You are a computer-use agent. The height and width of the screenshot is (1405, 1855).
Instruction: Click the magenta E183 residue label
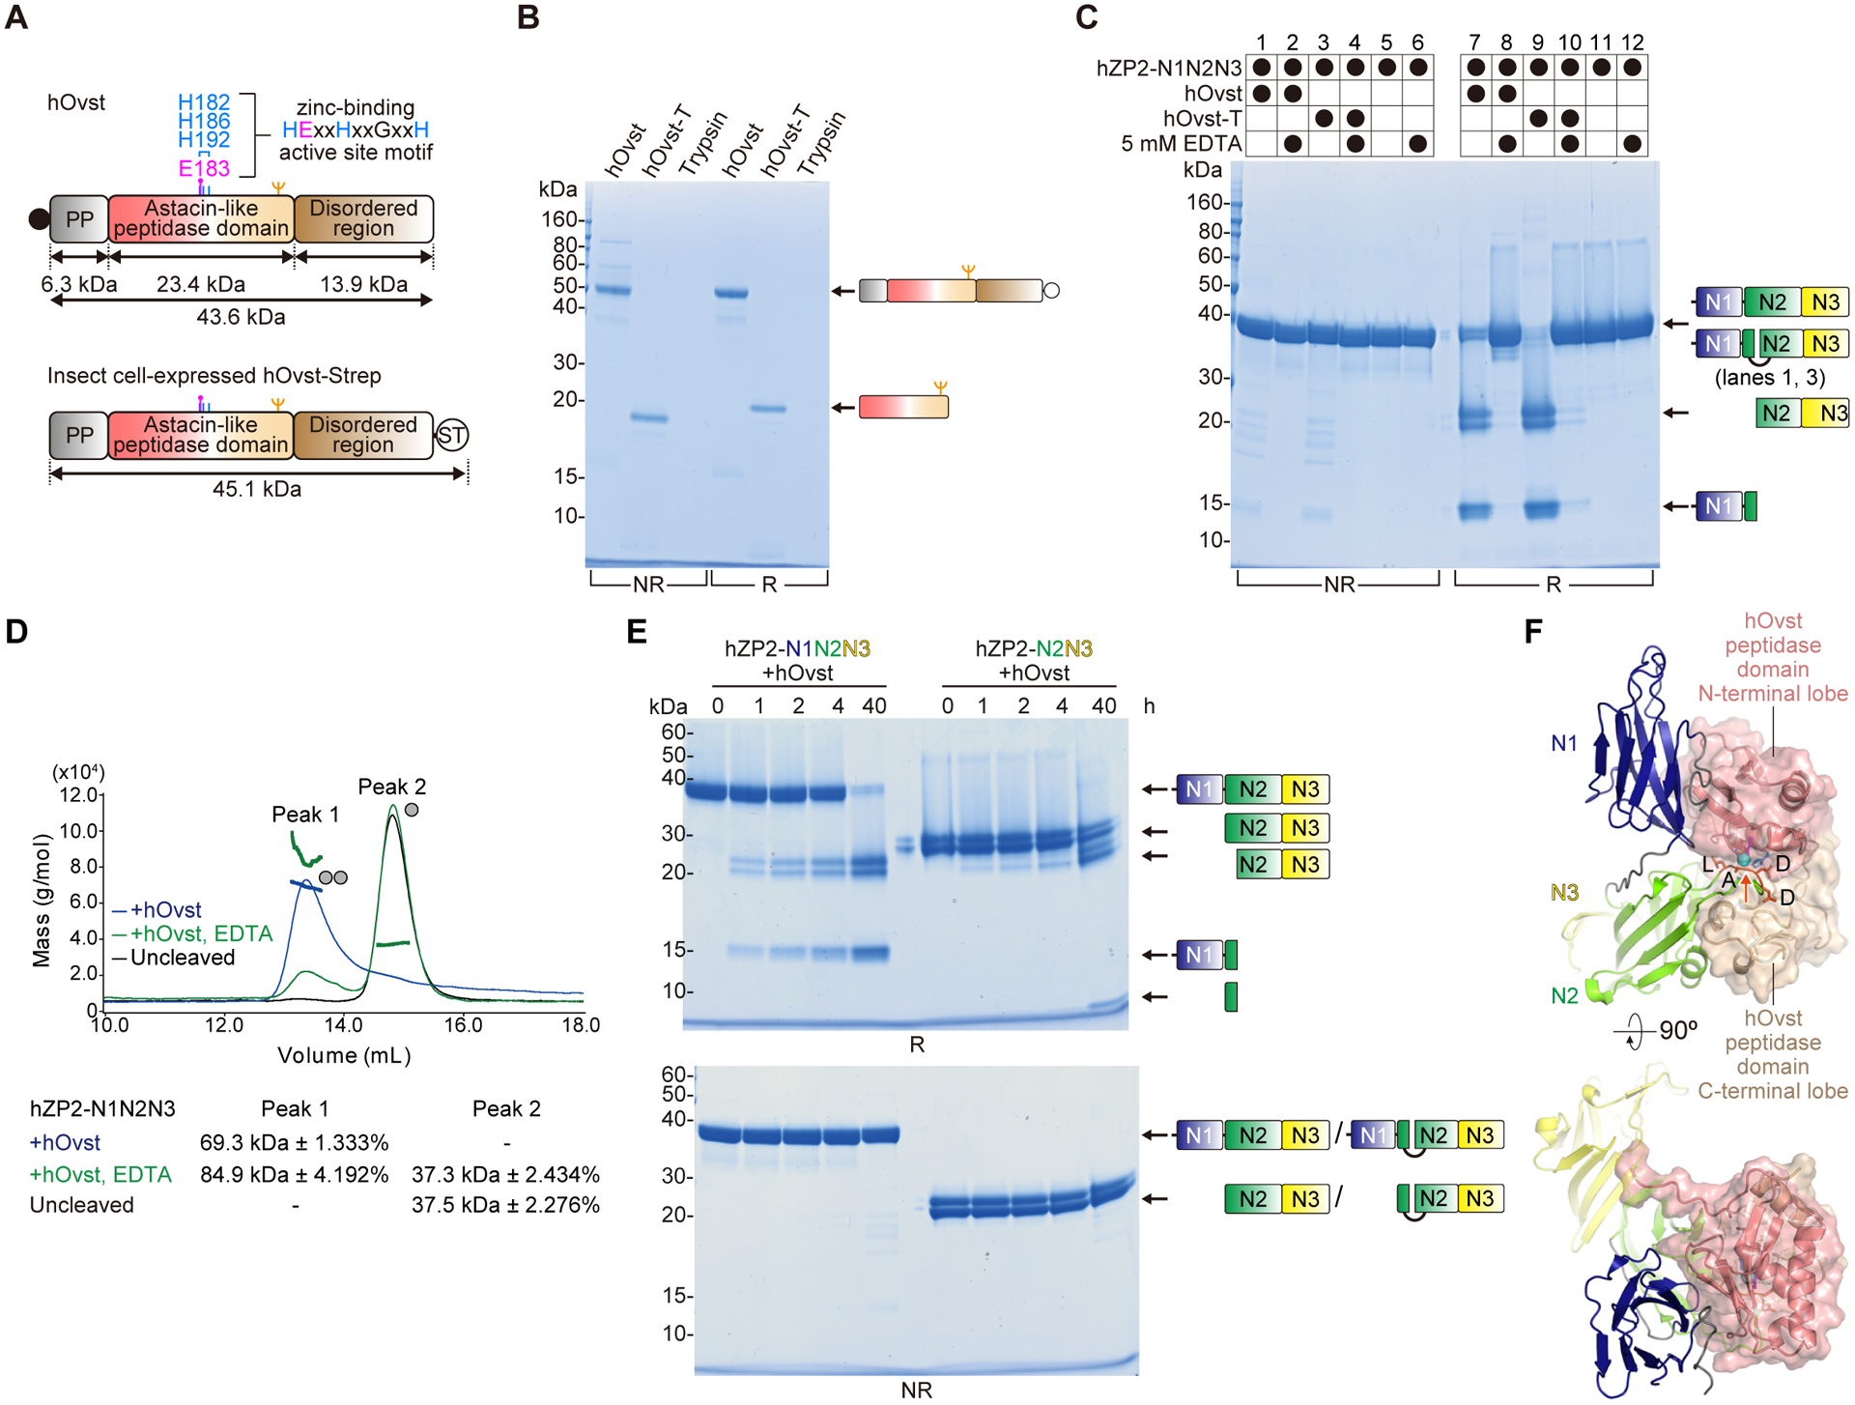point(204,168)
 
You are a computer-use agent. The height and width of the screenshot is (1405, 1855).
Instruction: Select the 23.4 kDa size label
point(200,284)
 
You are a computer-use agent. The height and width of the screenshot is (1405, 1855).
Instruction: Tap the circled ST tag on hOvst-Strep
point(451,435)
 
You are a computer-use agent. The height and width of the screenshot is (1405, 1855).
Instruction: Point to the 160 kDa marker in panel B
point(559,219)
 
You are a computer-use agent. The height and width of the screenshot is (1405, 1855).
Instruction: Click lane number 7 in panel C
point(1474,43)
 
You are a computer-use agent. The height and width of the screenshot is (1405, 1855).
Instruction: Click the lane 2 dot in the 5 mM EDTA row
point(1293,144)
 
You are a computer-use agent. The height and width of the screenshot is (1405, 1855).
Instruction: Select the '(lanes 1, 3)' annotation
point(1769,377)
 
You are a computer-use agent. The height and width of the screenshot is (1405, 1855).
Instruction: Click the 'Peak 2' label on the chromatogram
point(391,787)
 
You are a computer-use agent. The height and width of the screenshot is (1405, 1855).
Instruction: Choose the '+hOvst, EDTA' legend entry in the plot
point(201,933)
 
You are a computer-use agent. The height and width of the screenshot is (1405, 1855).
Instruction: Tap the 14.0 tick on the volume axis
point(343,1024)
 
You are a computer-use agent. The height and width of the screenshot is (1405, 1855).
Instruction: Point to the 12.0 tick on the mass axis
point(79,795)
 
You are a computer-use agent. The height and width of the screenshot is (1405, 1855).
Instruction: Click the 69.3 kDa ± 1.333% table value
point(294,1142)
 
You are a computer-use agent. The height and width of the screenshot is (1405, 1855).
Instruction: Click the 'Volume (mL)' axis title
point(344,1055)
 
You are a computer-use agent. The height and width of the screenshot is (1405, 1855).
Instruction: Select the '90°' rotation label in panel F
point(1678,1030)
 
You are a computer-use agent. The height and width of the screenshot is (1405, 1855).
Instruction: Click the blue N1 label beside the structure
point(1563,743)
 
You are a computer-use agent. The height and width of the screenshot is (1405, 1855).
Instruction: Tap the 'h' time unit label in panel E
point(1149,706)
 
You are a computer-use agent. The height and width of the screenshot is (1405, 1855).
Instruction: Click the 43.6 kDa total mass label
point(241,317)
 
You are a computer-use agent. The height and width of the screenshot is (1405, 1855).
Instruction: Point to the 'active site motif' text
point(356,153)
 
